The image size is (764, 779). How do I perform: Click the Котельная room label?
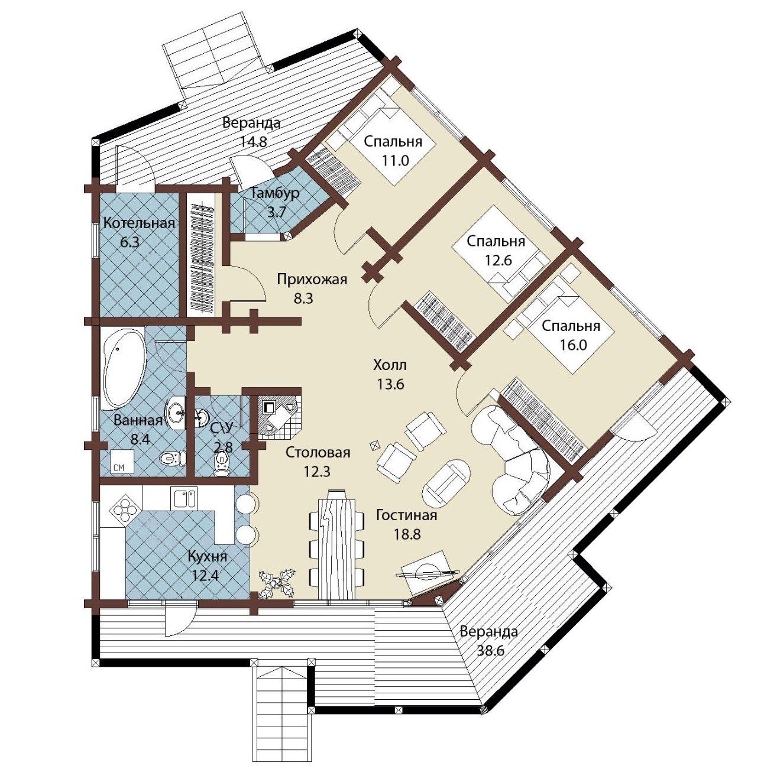coord(139,223)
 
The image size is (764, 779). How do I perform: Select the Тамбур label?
coord(276,193)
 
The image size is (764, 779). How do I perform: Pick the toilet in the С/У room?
coord(221,463)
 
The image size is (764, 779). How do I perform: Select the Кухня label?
coord(208,557)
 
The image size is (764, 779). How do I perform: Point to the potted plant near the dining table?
coord(277,583)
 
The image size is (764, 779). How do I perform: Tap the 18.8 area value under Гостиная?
coord(407,534)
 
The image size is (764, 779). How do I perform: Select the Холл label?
coord(390,365)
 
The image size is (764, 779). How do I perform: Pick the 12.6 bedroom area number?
coord(497,260)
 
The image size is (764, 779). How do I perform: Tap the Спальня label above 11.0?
coord(393,142)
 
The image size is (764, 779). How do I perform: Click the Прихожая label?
coord(312,280)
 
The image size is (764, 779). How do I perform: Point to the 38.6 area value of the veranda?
coord(490,650)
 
